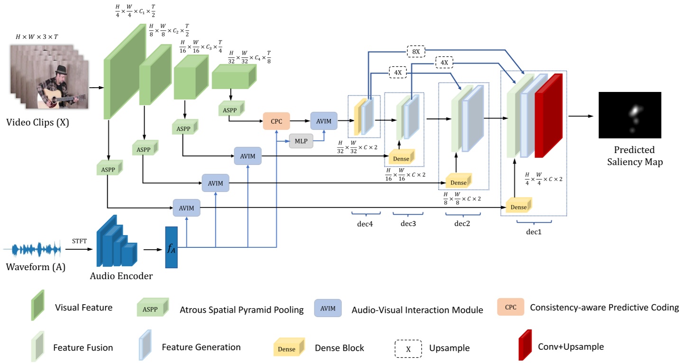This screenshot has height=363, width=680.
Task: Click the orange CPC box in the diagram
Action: pyautogui.click(x=276, y=121)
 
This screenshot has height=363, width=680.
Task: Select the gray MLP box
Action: pyautogui.click(x=301, y=141)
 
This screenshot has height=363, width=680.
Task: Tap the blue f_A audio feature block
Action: pyautogui.click(x=171, y=247)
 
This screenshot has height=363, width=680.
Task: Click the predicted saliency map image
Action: pyautogui.click(x=629, y=115)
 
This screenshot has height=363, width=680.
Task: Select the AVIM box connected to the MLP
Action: pyautogui.click(x=323, y=121)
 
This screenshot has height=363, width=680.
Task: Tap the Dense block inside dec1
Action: pyautogui.click(x=518, y=207)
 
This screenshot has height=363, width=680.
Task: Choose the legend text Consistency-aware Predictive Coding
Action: pyautogui.click(x=605, y=308)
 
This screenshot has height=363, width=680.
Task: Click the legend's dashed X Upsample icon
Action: pyautogui.click(x=408, y=348)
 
